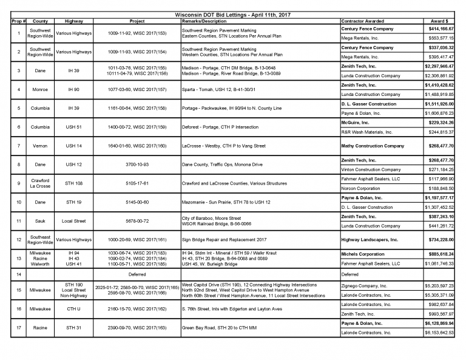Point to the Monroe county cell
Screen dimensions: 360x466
pos(40,90)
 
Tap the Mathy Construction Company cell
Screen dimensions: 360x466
pos(373,146)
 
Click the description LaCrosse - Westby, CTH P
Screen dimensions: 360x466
pos(224,146)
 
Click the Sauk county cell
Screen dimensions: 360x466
pos(40,221)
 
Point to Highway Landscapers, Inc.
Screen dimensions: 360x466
pos(370,240)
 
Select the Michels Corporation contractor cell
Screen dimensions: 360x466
pos(363,254)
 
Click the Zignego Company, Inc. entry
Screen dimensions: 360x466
pos(364,285)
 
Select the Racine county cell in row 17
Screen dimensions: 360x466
pos(40,328)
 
